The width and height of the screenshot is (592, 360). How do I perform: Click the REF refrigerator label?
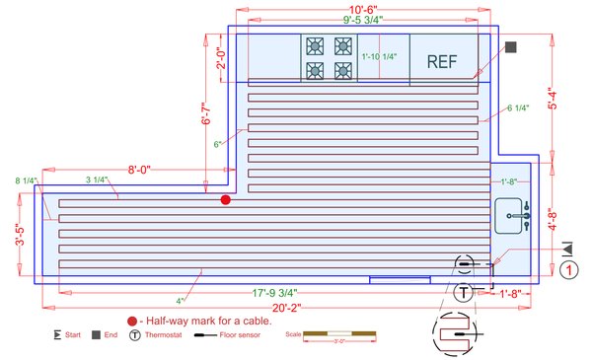coord(443,61)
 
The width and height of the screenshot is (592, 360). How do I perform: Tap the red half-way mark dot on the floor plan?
coord(225,200)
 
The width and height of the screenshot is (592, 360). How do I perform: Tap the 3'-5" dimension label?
coord(19,236)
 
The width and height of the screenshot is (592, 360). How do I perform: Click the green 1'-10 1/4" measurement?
coord(379,57)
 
